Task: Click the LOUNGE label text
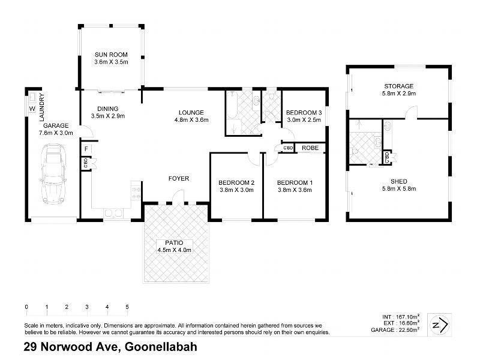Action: (191, 112)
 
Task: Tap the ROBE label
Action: (310, 147)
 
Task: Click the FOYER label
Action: (179, 178)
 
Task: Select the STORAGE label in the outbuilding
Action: (399, 86)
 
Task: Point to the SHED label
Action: (399, 181)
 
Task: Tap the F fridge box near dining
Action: (86, 148)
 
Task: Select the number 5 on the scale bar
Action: (127, 307)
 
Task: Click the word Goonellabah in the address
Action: (161, 347)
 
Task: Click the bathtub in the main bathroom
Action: (232, 108)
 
